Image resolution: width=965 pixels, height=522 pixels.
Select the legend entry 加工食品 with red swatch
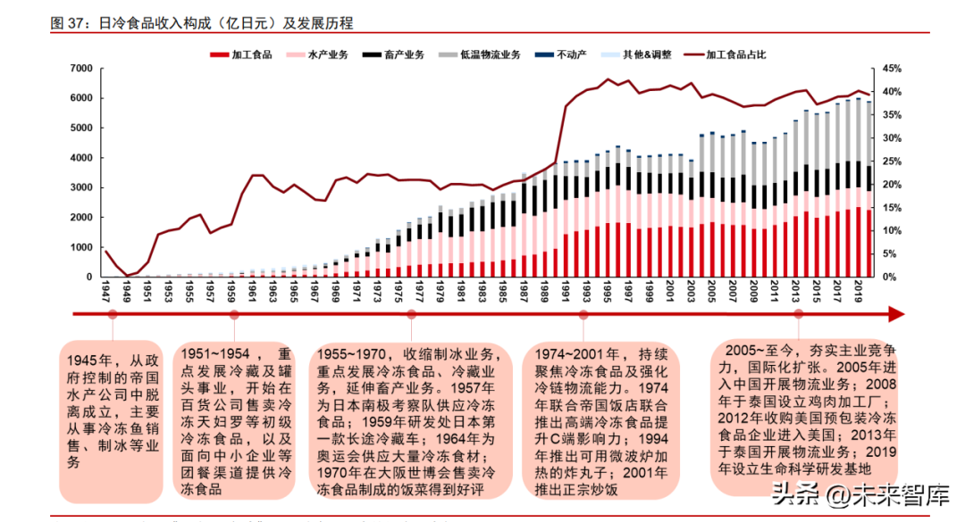click(241, 54)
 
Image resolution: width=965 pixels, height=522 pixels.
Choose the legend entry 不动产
click(562, 54)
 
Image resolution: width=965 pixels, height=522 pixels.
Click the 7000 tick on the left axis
click(80, 69)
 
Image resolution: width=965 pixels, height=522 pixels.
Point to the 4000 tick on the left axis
click(80, 158)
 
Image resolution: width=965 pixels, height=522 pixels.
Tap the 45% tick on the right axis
click(891, 69)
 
